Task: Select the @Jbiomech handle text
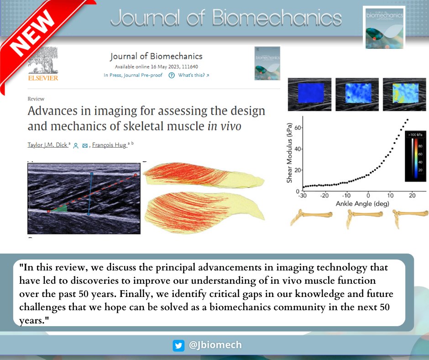tap(215, 345)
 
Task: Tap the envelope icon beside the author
tap(85, 146)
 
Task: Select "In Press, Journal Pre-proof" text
tap(133, 75)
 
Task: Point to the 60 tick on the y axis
tap(297, 128)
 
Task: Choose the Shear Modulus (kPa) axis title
tap(289, 155)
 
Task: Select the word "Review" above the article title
tap(36, 99)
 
